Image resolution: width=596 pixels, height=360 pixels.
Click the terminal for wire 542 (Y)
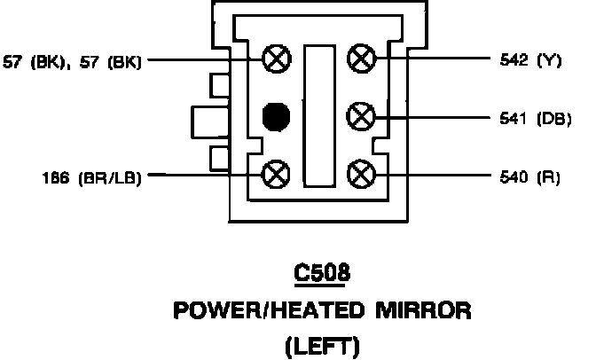[360, 60]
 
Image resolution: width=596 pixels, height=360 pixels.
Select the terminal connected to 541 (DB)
[360, 116]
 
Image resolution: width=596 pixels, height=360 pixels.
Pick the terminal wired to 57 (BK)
[277, 60]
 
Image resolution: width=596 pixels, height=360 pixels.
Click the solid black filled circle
[277, 116]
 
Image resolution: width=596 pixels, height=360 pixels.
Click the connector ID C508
[321, 274]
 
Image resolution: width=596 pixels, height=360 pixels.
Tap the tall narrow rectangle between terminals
[318, 115]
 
